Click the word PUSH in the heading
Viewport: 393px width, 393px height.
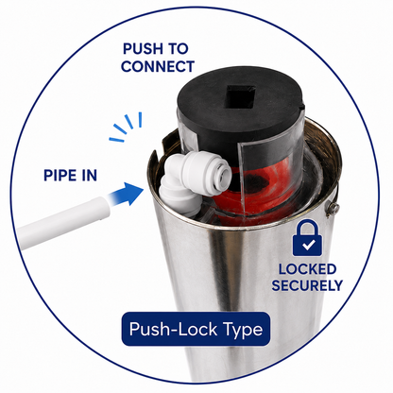click(141, 49)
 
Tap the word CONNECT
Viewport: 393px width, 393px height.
click(158, 66)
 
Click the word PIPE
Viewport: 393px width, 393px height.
click(60, 176)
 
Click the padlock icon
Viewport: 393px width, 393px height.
click(307, 238)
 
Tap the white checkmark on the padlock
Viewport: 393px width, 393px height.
click(307, 245)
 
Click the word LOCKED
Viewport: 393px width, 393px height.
click(307, 269)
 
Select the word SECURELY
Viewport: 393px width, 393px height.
click(307, 285)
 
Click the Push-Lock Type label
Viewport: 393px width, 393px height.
click(196, 329)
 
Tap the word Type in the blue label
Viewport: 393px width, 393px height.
click(243, 330)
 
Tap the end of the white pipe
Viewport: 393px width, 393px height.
click(103, 207)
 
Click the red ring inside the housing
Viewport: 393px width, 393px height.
click(258, 186)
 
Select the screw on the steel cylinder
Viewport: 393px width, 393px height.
click(333, 208)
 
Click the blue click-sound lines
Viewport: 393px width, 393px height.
click(126, 126)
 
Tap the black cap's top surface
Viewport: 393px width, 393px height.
click(239, 94)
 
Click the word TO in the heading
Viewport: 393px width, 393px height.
click(177, 49)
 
